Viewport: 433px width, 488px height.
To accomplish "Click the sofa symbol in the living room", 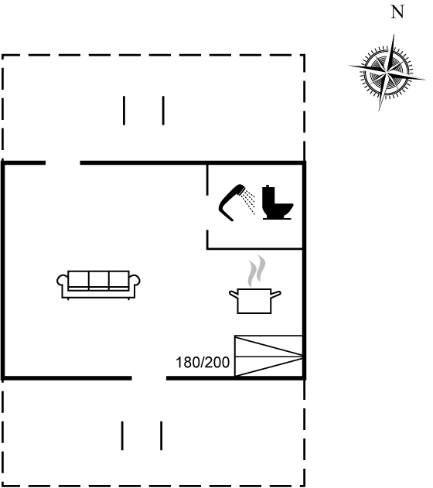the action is pos(98,285).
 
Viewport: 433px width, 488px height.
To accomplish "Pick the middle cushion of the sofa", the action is pos(99,281).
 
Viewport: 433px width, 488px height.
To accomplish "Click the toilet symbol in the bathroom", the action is pos(277,203).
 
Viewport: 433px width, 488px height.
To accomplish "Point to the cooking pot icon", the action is pos(254,301).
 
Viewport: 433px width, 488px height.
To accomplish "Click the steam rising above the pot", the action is pos(257,271).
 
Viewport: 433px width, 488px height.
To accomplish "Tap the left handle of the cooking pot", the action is pos(234,294).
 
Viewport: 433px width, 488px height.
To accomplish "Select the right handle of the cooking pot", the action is pos(276,294).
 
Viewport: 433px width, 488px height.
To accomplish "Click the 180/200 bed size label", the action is pos(203,363).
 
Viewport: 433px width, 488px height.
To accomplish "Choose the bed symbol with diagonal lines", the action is pos(268,356).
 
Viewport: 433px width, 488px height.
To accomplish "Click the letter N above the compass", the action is pos(397,12).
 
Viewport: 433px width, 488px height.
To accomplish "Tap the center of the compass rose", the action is pos(387,73).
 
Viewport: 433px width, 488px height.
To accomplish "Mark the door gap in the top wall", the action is pos(63,162).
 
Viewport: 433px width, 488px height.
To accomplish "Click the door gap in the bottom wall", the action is pos(149,378).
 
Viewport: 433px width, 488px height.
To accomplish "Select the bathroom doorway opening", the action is pos(207,213).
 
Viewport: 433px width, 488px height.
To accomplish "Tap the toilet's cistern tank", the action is pos(268,196).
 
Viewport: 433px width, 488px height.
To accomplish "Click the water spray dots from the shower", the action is pos(249,202).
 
